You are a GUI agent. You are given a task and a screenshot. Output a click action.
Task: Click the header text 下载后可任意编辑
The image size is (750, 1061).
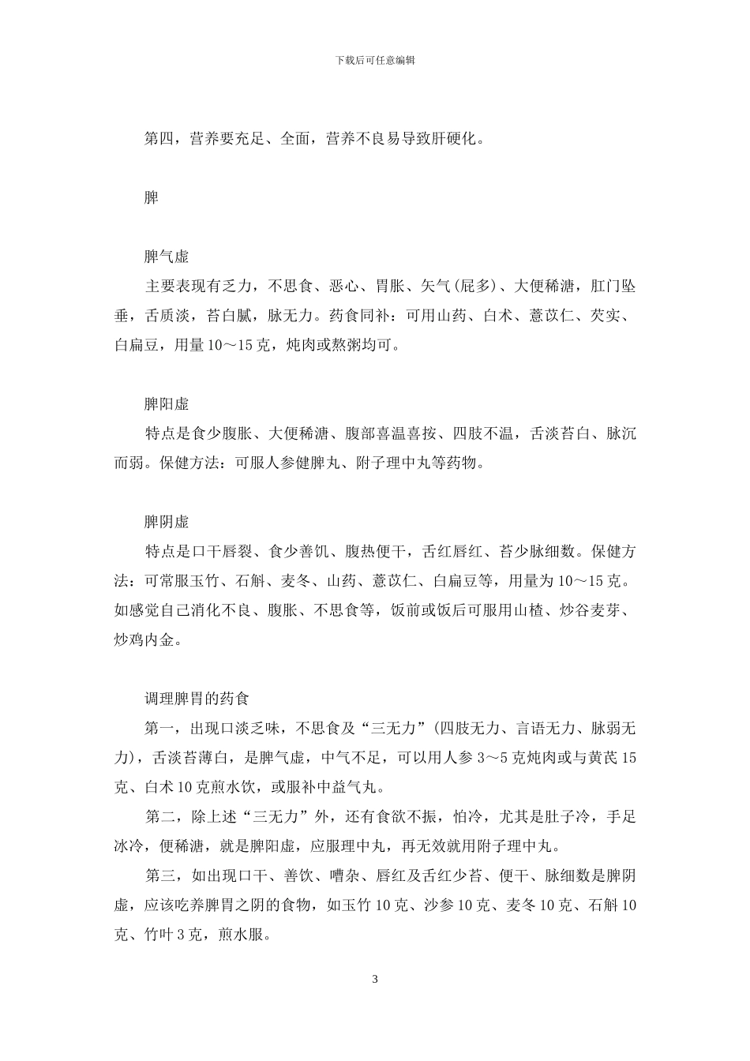coord(375,59)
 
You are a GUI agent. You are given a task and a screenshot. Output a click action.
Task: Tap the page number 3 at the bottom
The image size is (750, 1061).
coord(375,980)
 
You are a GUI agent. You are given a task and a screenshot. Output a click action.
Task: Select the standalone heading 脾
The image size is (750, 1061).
coord(152,197)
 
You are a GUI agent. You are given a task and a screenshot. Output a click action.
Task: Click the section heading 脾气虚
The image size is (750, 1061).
coord(167,257)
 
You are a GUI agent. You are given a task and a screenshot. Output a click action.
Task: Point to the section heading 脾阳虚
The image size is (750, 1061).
coord(167,404)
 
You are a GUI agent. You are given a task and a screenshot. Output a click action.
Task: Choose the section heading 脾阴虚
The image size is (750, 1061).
coord(167,523)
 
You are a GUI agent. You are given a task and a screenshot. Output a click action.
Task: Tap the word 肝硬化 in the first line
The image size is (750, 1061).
coord(450,139)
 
